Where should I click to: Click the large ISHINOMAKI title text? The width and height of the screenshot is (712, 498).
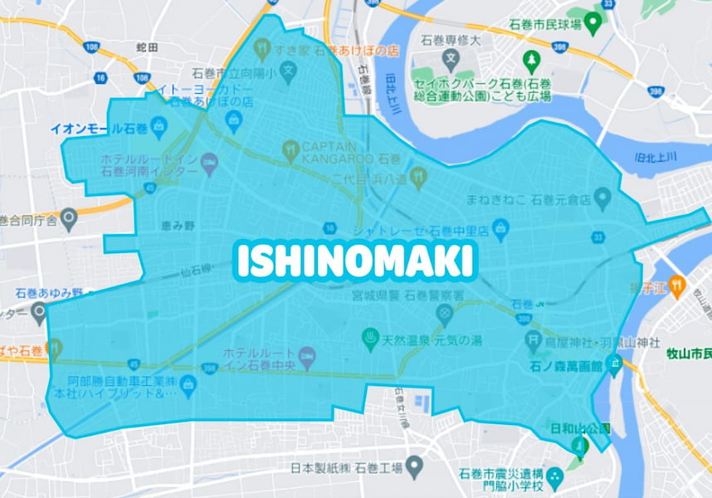pos(354,261)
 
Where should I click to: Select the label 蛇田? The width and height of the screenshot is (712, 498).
pos(146,47)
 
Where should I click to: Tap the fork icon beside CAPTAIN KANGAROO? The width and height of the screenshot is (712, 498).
pos(290,150)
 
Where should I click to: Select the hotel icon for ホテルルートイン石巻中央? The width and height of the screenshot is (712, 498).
pos(306,355)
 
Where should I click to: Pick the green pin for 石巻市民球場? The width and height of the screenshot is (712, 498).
pos(593,21)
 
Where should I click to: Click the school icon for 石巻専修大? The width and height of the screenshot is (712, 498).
pos(451,59)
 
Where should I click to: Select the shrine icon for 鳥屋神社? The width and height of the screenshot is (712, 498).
pos(533,340)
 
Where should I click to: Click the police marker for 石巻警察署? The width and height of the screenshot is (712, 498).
pos(445,314)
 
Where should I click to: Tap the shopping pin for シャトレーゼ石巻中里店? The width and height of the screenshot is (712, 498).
pos(500,227)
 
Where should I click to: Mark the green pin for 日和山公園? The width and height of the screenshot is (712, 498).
pos(580,446)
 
